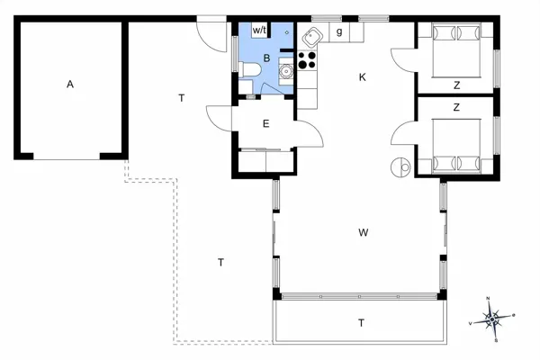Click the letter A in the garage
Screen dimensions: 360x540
pos(69,85)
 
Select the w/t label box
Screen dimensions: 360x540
pos(260,31)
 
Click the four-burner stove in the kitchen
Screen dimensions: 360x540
pos(307,61)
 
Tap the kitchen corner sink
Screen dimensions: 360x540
pos(311,37)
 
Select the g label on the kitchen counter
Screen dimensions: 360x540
pos(339,31)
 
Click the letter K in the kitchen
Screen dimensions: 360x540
pos(363,77)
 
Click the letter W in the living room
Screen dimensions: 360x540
pos(363,233)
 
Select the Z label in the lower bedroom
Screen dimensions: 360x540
pos(456,107)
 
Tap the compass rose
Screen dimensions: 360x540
pos(493,318)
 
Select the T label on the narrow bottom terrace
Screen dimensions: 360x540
pos(361,322)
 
